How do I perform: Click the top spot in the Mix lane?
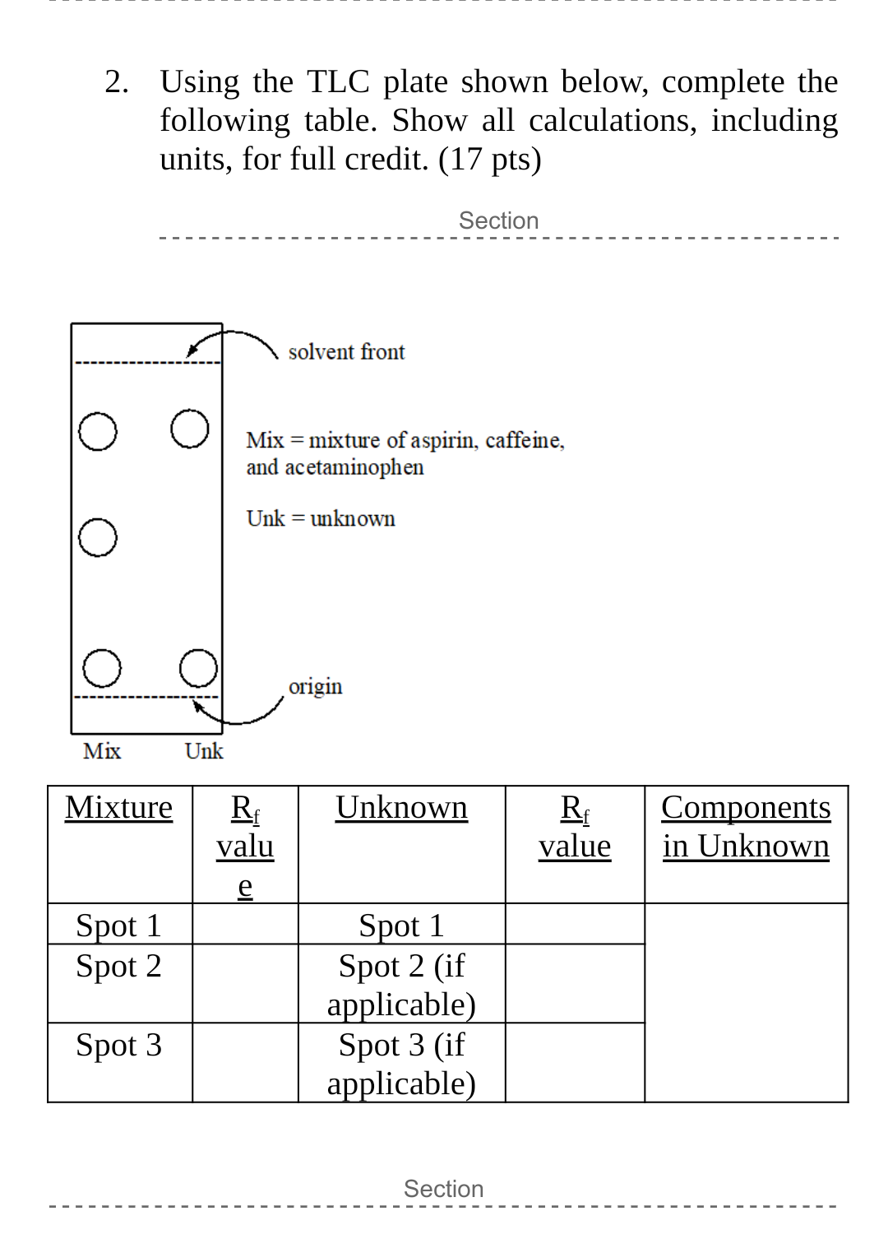coord(98,432)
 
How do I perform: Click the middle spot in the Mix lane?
coord(98,538)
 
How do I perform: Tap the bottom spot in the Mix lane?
coord(102,668)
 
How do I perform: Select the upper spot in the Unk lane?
coord(190,429)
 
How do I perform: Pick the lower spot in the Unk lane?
coord(198,668)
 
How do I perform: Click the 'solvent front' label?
coord(346,352)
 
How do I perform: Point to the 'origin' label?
coord(315,686)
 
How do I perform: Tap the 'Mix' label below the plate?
coord(102,751)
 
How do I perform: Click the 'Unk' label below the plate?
coord(204,751)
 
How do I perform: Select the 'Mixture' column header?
coord(119,808)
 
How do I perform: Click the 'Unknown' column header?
coord(401,808)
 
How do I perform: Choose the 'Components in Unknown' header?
coord(746,827)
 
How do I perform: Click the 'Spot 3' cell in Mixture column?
coord(119,1046)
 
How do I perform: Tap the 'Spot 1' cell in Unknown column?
coord(401,926)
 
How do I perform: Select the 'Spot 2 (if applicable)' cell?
coord(401,985)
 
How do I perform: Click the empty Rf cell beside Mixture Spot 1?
coord(245,925)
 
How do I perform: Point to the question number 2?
coord(117,82)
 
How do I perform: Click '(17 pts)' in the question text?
coord(490,159)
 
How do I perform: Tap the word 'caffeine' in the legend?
coord(524,441)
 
